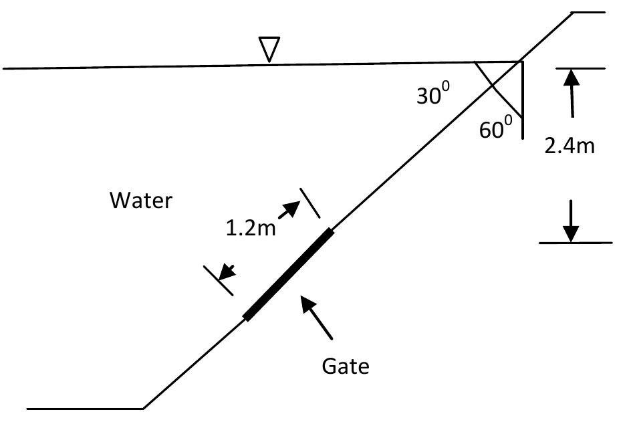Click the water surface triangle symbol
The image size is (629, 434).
pyautogui.click(x=269, y=49)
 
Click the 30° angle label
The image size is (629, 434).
pyautogui.click(x=432, y=96)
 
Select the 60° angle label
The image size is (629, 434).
pyautogui.click(x=495, y=128)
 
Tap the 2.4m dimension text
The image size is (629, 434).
pyautogui.click(x=569, y=146)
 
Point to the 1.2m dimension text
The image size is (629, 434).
pyautogui.click(x=251, y=229)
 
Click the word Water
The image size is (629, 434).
pyautogui.click(x=141, y=200)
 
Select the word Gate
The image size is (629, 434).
pyautogui.click(x=345, y=366)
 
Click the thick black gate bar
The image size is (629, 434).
pyautogui.click(x=289, y=274)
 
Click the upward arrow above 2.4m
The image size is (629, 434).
pyautogui.click(x=570, y=94)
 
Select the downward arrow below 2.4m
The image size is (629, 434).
pyautogui.click(x=570, y=221)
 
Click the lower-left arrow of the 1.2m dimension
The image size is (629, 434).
pyautogui.click(x=227, y=272)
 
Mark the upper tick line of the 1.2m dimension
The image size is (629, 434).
pyautogui.click(x=310, y=203)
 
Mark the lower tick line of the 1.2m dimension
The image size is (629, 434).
pyautogui.click(x=219, y=280)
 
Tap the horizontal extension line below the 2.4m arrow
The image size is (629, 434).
pyautogui.click(x=576, y=243)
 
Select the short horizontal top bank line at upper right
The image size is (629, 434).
pyautogui.click(x=588, y=12)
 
